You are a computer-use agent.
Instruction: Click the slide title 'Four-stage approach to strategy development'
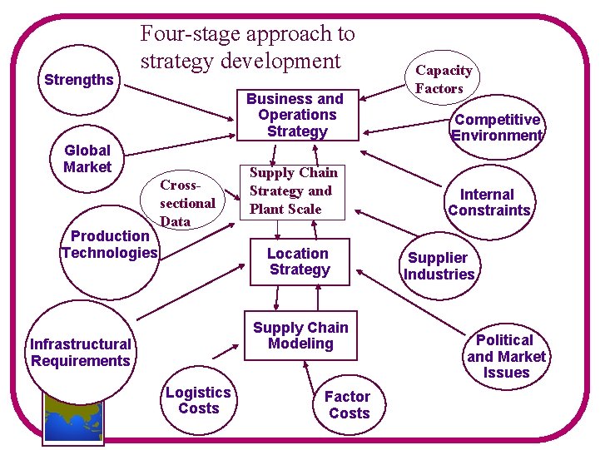coord(247,47)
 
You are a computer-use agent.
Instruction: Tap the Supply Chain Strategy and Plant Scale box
coord(293,191)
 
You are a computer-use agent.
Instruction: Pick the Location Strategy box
coord(299,261)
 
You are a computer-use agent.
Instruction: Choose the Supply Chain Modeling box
coord(300,336)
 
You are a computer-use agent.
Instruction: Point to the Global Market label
coord(87,159)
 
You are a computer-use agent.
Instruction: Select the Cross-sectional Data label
coord(186,202)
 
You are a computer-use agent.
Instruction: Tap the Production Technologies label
coord(109,245)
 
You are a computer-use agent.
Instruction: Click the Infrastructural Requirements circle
coord(80,353)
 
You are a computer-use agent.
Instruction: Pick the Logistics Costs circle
coord(198,400)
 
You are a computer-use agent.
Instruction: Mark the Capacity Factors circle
coord(444,79)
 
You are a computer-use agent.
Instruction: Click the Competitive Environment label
coord(497,127)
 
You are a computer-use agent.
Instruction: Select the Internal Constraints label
coord(488,202)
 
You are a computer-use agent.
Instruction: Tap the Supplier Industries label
coord(439,266)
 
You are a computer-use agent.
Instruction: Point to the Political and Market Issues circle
coord(506,356)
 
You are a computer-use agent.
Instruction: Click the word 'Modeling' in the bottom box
coord(300,344)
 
